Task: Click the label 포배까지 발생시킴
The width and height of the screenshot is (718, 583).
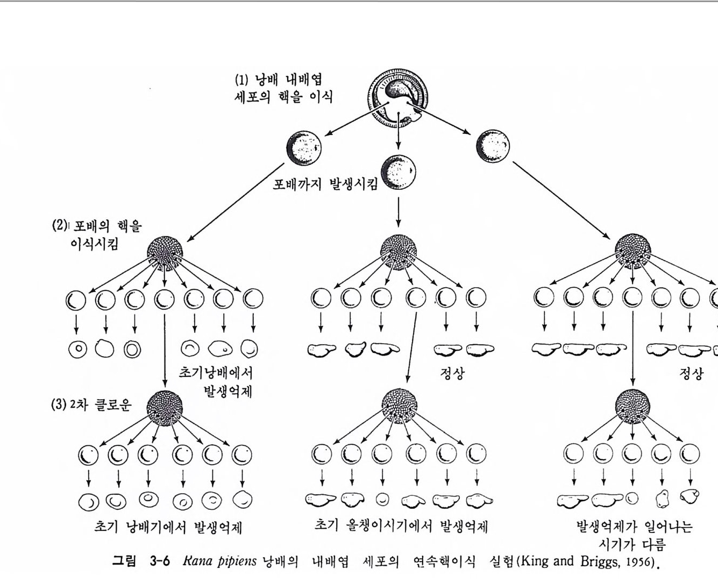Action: pos(325,184)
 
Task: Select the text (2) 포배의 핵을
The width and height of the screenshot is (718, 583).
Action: pos(97,225)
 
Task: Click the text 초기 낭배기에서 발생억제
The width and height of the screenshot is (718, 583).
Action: pos(168,527)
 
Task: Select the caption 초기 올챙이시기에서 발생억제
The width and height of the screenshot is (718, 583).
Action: pos(401,525)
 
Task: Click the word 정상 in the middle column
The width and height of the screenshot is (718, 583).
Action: pos(452,373)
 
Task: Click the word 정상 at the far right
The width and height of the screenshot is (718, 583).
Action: pos(692,373)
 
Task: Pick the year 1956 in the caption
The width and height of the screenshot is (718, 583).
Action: pos(642,563)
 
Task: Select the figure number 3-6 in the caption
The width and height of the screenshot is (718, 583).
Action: pos(157,562)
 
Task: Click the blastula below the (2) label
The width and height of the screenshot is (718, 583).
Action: pos(165,251)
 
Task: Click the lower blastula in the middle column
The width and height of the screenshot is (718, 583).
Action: pos(399,407)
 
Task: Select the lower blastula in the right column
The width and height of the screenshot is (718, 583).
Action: pos(632,407)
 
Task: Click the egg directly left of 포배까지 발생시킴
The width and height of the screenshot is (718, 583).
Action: pos(304,147)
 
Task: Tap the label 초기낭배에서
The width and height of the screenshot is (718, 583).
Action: pos(216,373)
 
